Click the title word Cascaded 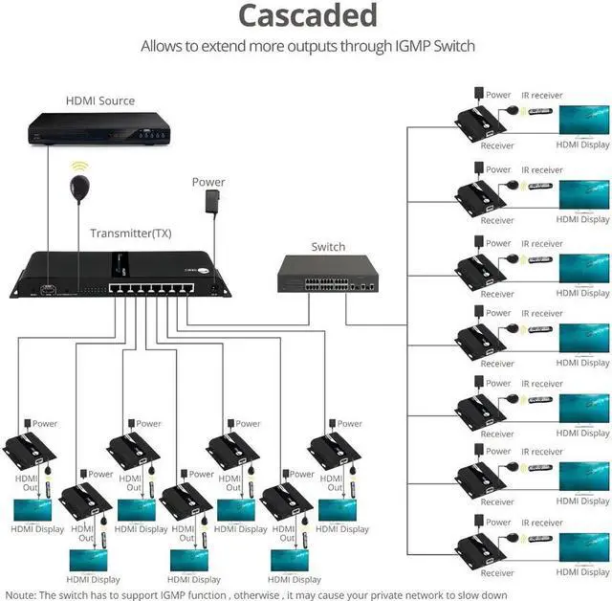point(307,16)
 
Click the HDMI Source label point(99,100)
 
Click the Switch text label point(328,247)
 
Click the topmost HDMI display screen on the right point(583,122)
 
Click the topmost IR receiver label point(541,96)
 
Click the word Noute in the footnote point(20,595)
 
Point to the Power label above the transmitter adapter point(208,182)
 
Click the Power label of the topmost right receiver point(498,95)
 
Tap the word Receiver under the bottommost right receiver point(497,574)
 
